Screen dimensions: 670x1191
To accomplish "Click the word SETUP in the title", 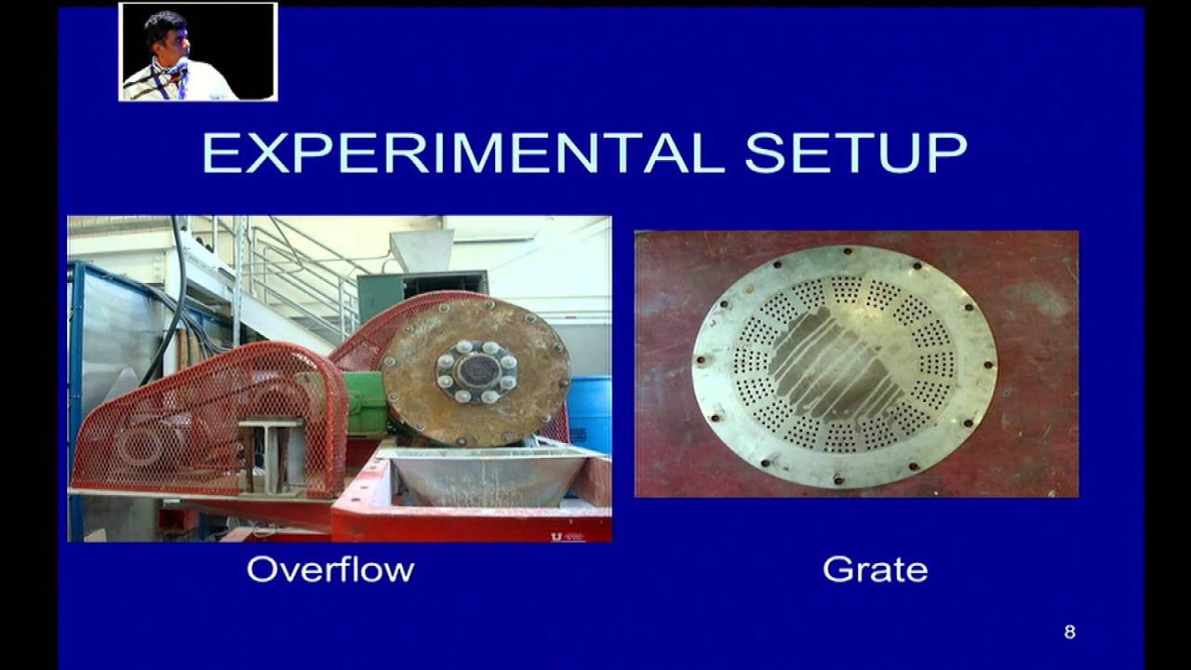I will tap(855, 153).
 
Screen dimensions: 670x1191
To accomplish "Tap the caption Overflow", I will tap(330, 569).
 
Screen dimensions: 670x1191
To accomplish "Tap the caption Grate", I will tap(875, 569).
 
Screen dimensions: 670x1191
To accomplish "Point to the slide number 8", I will tap(1069, 633).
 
